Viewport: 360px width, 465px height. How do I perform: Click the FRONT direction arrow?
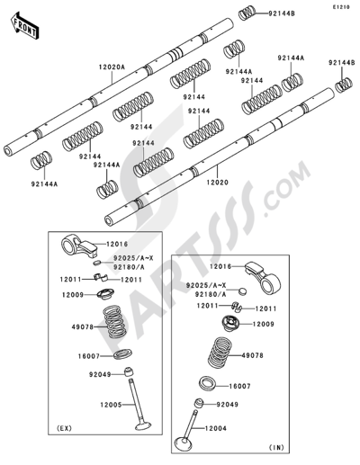click(24, 26)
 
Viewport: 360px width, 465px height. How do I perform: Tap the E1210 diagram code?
click(340, 7)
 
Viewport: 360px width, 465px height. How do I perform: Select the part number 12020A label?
click(112, 67)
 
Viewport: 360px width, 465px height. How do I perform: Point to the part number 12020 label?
click(218, 182)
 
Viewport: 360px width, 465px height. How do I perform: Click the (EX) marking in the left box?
click(64, 428)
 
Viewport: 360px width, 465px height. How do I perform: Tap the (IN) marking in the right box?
click(276, 448)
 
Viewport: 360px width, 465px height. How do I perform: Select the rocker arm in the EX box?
click(79, 246)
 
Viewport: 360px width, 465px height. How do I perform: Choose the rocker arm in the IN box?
click(264, 277)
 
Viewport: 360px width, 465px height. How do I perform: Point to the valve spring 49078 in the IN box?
click(220, 353)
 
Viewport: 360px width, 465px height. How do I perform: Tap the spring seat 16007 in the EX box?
click(123, 354)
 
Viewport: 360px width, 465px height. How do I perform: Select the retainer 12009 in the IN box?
click(230, 323)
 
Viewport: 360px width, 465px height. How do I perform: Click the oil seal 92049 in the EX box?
click(129, 371)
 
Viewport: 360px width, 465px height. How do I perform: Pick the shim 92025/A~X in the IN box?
click(243, 291)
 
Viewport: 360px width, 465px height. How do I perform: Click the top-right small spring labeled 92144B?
click(247, 13)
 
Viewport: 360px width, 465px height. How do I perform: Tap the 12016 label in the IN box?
click(220, 266)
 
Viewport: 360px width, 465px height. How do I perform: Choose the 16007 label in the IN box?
click(239, 386)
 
